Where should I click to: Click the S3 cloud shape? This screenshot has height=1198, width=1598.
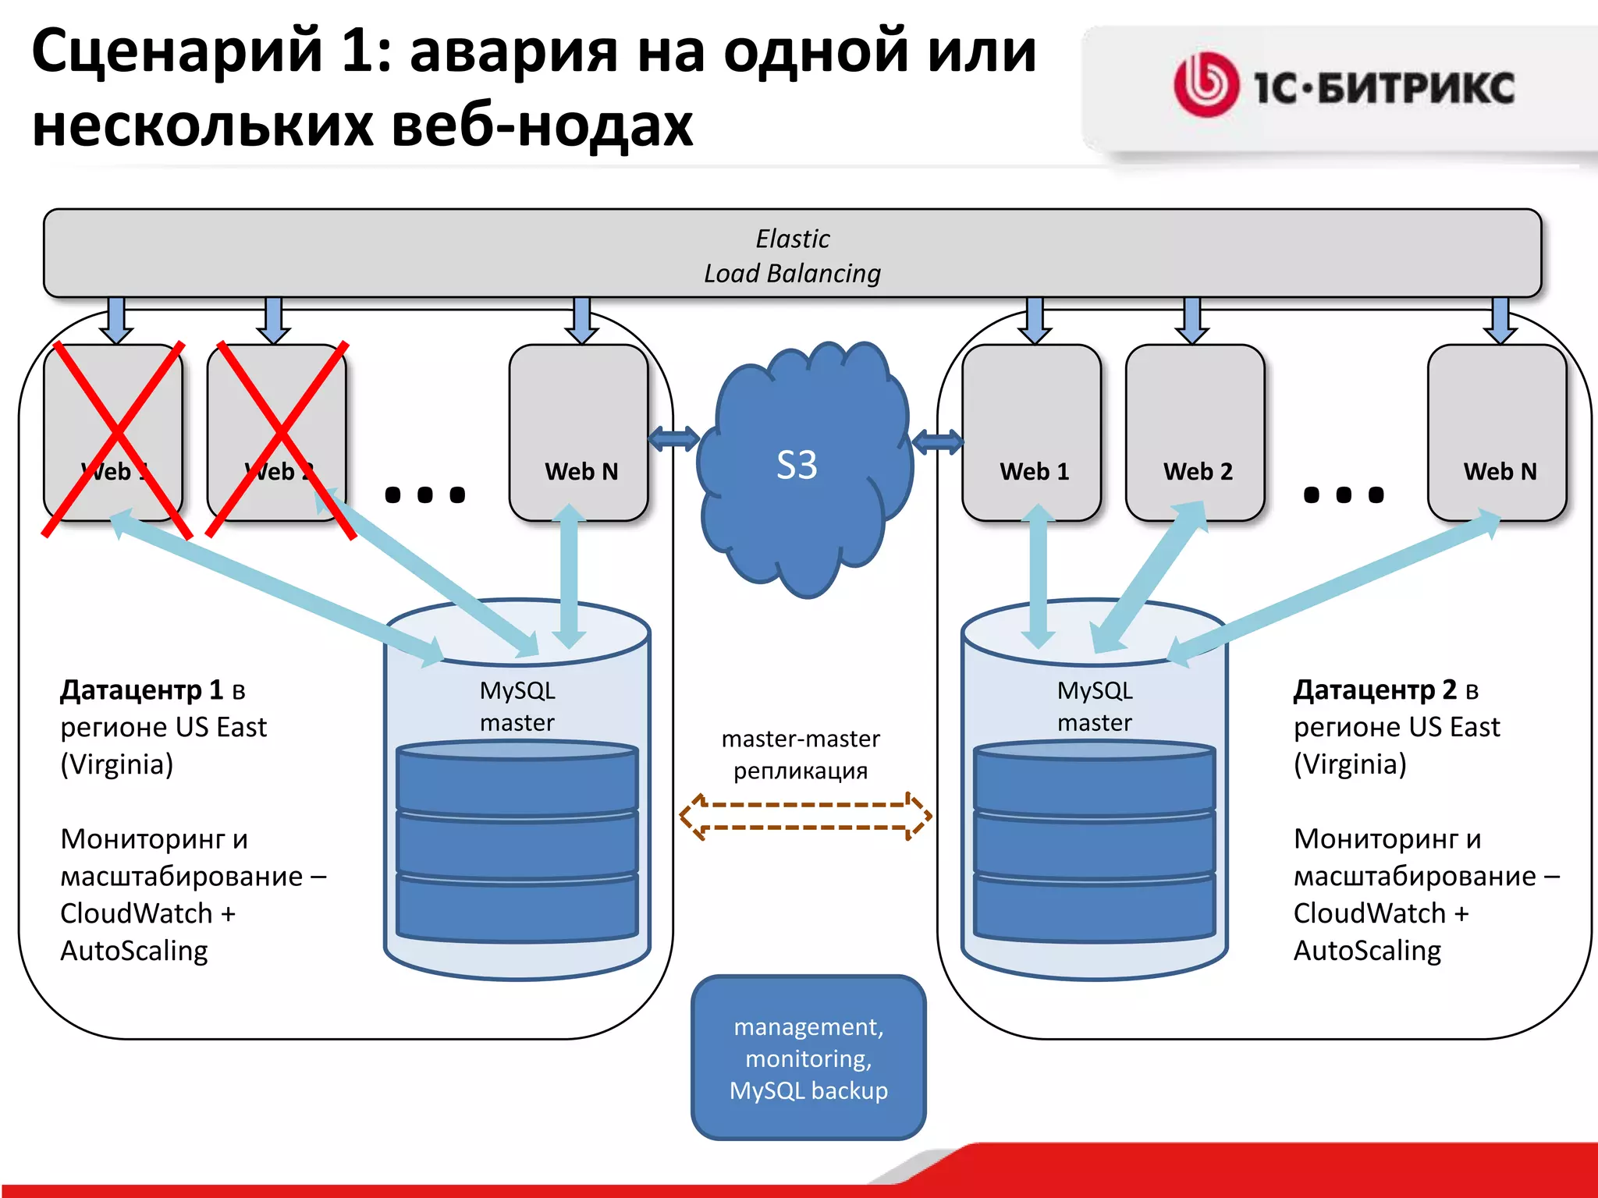click(804, 468)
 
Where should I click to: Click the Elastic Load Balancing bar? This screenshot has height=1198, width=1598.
click(792, 254)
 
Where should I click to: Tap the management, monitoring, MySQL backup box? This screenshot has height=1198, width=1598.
click(808, 1058)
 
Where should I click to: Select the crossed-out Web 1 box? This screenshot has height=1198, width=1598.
click(114, 434)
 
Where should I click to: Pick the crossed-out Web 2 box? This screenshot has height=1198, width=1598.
click(277, 434)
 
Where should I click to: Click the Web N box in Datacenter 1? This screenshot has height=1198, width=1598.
click(579, 434)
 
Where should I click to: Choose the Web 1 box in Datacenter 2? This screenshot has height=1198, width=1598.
click(1032, 434)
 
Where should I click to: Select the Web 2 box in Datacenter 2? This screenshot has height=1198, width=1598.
click(1195, 434)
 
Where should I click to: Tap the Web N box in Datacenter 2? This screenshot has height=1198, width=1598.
click(1497, 434)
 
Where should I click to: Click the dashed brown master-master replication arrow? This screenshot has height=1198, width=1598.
click(805, 816)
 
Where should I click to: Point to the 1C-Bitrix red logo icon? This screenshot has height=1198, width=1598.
click(1206, 85)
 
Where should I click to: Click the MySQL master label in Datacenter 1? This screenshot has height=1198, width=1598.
click(517, 707)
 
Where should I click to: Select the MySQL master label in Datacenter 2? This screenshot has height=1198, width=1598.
click(1095, 707)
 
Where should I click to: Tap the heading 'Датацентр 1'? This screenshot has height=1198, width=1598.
click(143, 690)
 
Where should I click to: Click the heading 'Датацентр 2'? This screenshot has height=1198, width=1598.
click(1376, 690)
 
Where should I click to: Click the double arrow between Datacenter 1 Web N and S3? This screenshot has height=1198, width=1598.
click(674, 439)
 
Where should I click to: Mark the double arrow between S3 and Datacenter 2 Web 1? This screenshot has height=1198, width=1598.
click(937, 442)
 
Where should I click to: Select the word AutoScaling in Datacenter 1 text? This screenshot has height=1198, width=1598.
click(134, 951)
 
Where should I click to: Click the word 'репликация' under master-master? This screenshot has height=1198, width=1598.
click(801, 771)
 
